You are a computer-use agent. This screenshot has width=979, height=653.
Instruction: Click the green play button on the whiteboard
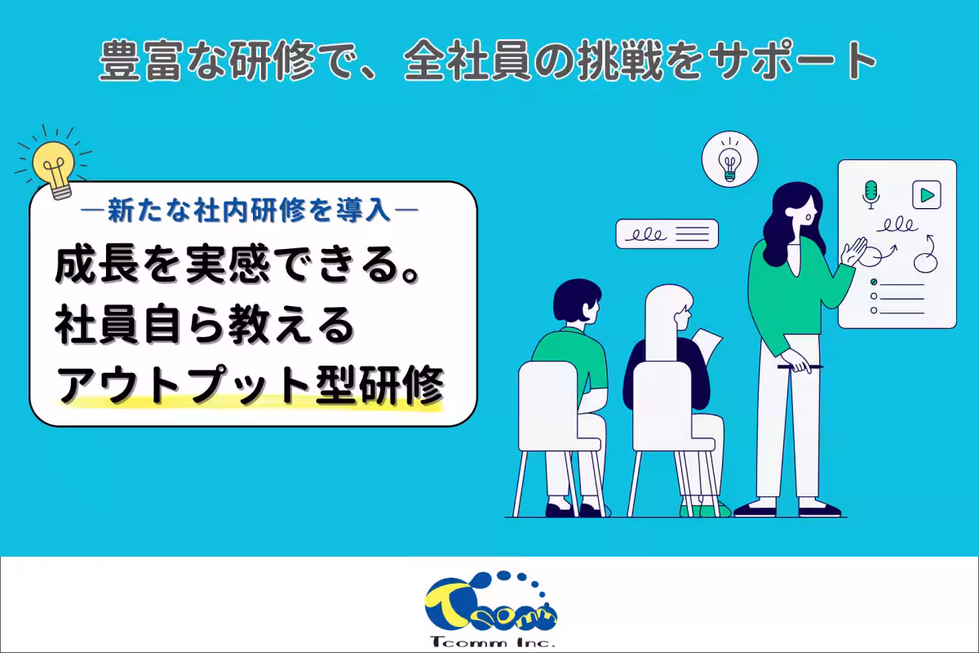(x=927, y=195)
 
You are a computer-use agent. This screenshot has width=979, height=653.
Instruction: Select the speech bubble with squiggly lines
(x=667, y=234)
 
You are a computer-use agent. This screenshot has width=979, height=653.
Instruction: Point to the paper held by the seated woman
(x=705, y=344)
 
